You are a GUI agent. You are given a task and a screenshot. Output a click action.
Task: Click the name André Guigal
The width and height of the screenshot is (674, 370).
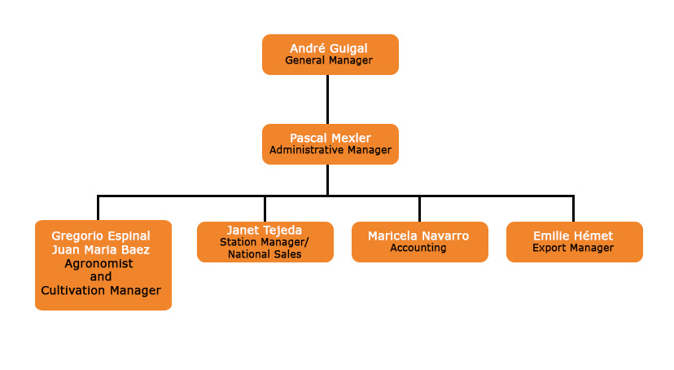(329, 49)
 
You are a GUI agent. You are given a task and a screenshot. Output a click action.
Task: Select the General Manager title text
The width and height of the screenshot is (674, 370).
(329, 60)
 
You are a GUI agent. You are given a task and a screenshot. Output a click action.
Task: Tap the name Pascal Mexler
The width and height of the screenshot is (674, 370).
(330, 138)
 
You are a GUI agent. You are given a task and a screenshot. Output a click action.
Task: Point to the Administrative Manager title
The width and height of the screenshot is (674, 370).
(330, 150)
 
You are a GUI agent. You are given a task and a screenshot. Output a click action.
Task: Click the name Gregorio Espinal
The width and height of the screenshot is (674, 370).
(101, 236)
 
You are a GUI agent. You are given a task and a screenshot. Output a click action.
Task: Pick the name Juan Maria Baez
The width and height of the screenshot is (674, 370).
(101, 249)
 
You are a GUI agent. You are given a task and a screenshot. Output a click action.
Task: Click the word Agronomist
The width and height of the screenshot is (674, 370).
(98, 264)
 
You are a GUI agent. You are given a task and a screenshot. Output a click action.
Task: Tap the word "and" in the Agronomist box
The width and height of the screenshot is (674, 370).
(101, 276)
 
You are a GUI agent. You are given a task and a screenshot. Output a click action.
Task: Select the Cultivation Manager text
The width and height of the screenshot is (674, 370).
(101, 290)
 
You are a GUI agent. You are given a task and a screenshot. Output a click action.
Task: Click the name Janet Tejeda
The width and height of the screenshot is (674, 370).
(265, 230)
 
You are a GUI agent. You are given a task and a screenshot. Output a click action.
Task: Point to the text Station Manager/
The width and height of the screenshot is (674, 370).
(265, 242)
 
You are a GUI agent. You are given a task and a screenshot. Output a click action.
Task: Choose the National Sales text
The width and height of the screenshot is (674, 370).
(265, 254)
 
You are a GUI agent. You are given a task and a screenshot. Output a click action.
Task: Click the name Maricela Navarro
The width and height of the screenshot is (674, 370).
(418, 236)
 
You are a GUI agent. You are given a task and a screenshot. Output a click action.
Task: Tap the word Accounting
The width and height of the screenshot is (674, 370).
(418, 248)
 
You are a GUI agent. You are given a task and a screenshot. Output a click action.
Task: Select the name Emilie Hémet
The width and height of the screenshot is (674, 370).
(573, 236)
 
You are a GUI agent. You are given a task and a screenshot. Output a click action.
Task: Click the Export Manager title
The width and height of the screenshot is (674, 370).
(573, 248)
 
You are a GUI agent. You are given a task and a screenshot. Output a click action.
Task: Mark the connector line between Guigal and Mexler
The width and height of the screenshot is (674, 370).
(327, 99)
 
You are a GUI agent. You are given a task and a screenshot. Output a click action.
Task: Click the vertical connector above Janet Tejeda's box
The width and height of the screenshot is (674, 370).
(265, 209)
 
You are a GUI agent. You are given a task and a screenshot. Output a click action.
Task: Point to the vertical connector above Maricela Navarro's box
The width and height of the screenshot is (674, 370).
(419, 209)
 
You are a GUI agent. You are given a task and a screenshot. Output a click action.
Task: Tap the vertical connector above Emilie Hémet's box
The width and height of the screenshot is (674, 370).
(573, 209)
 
